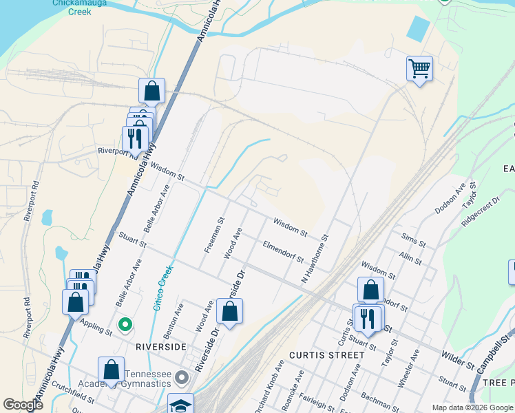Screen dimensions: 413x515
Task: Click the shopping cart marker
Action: click(419, 69)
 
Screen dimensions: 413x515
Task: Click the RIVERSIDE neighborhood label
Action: click(161, 346)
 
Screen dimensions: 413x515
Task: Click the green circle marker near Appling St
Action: click(125, 324)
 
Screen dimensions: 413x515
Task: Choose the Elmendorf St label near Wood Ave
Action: click(283, 252)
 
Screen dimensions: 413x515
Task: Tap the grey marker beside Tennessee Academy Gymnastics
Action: click(182, 377)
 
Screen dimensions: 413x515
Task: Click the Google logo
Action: click(23, 405)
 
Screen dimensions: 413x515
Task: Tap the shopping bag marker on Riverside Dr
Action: click(229, 311)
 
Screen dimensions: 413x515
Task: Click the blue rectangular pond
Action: click(418, 28)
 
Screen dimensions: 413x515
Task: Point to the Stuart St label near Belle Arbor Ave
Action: click(133, 242)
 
